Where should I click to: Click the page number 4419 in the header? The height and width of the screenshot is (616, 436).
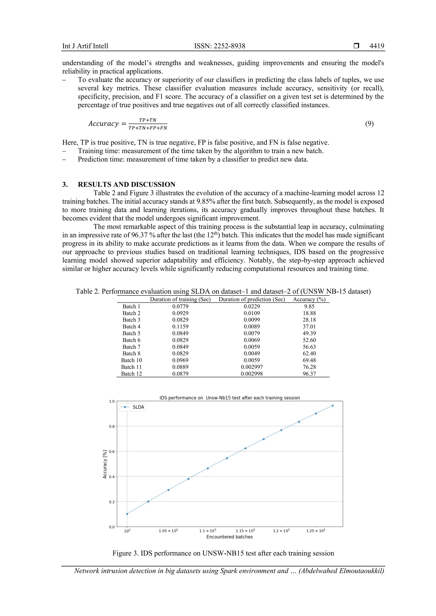[x=376, y=46]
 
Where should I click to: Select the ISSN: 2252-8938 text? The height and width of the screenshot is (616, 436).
[x=220, y=46]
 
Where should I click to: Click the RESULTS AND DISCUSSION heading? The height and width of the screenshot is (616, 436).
[x=126, y=184]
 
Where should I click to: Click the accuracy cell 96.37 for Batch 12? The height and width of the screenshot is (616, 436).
[x=309, y=374]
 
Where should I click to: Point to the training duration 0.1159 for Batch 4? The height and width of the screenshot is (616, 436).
[x=180, y=327]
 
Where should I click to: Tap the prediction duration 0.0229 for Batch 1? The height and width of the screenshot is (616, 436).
[x=252, y=306]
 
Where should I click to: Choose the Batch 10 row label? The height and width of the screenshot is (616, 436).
[x=131, y=360]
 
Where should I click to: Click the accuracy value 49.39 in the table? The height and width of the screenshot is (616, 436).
[x=309, y=333]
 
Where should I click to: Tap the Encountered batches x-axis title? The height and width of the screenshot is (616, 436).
[x=229, y=537]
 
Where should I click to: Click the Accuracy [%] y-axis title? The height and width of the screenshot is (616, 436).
[x=105, y=464]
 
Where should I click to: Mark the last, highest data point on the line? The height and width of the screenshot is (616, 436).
[x=333, y=406]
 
